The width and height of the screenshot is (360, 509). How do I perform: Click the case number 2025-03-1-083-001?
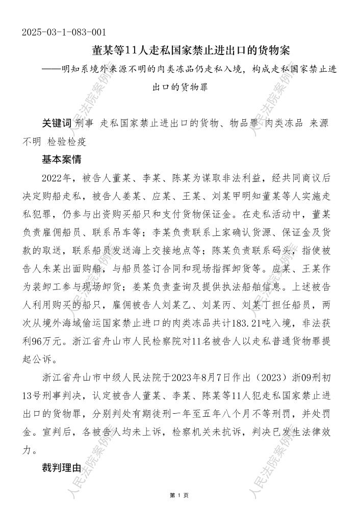64,33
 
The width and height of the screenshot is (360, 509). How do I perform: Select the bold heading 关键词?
57,124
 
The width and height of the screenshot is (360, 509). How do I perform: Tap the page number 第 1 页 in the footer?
179,494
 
